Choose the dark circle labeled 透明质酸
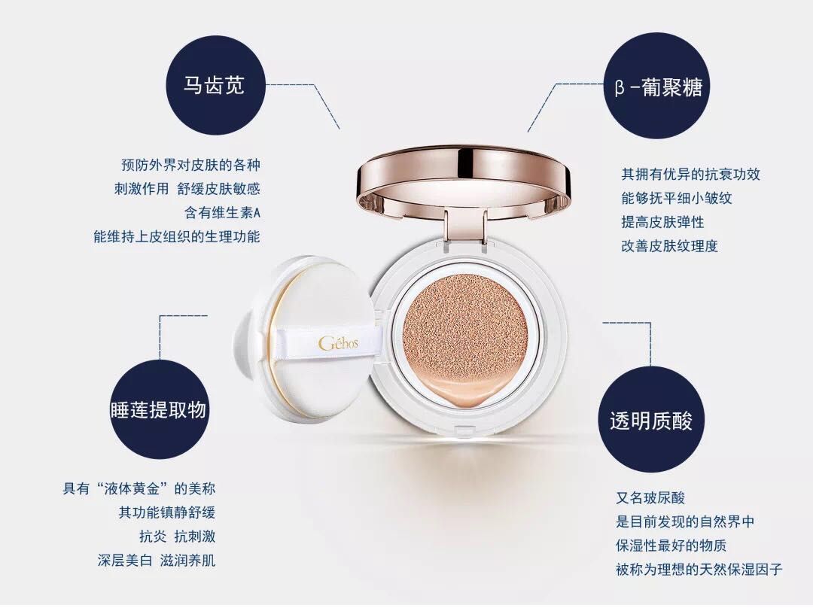pos(651,420)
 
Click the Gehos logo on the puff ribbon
pos(340,344)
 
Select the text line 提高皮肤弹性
pos(662,222)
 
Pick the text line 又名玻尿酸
pos(650,498)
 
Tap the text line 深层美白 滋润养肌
pos(157,561)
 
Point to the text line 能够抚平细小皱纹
pos(676,199)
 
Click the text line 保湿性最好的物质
pos(671,546)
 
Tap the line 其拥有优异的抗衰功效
pos(690,175)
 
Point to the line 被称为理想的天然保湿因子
pos(699,570)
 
